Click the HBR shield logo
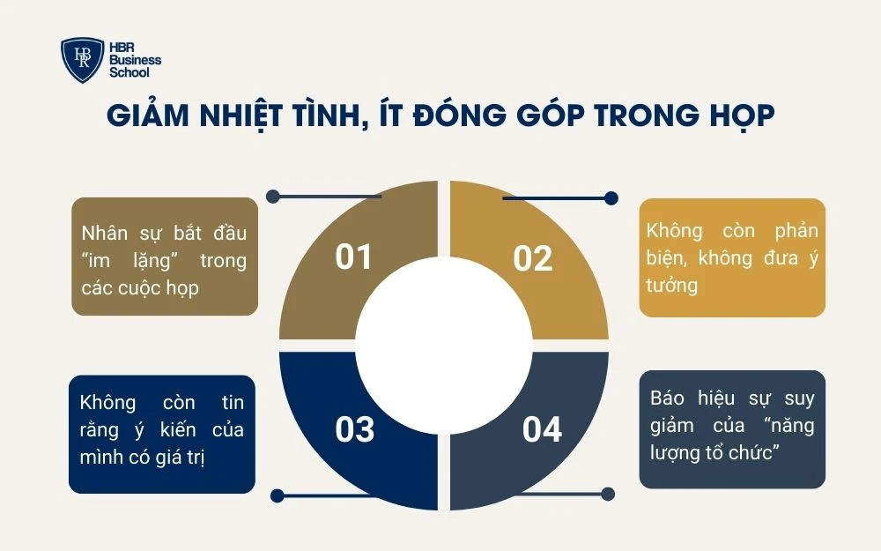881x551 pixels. pos(82,60)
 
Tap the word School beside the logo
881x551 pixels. pos(129,72)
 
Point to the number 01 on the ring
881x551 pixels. pos(354,257)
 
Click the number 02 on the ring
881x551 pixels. pos(533,258)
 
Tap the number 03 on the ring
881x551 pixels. pos(355,429)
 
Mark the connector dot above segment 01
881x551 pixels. pos(274,197)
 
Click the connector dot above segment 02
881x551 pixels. pos(611,198)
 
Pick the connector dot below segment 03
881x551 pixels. pos(277,495)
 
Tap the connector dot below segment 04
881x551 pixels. pos(608,493)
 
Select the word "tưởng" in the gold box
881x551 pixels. pos(671,285)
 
